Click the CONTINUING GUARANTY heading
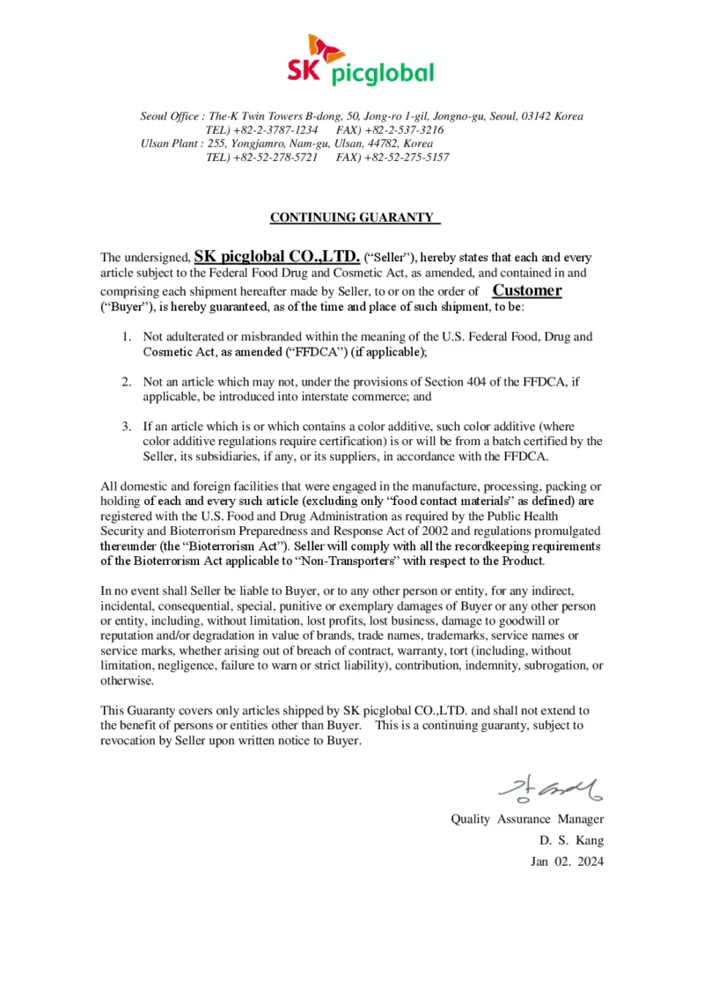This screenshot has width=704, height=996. (x=352, y=217)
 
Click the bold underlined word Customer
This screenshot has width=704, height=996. (x=526, y=290)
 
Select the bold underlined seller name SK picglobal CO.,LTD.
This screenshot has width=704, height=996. (x=276, y=257)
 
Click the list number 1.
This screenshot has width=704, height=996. (x=127, y=336)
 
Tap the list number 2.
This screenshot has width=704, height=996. (x=127, y=382)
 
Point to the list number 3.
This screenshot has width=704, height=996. (x=127, y=427)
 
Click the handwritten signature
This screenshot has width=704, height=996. (x=551, y=787)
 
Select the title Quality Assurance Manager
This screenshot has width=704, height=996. (x=527, y=819)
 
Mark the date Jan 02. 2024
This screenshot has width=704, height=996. (x=568, y=861)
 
